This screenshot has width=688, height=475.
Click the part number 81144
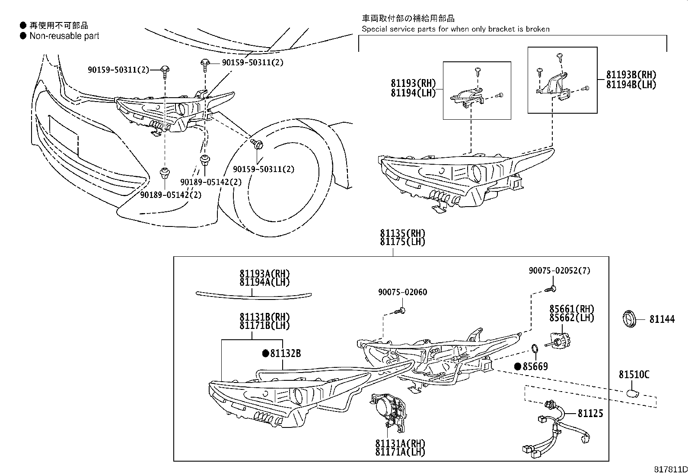[662, 320]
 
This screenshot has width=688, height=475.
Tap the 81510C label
[634, 375]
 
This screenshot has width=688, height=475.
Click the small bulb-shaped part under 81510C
[633, 392]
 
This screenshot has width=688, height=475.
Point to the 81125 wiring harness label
[590, 414]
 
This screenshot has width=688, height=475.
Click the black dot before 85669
[517, 367]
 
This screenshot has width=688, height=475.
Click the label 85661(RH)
[571, 309]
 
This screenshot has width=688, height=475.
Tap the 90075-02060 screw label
[402, 293]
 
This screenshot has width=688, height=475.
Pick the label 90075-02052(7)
[559, 271]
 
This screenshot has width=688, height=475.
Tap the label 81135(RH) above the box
[402, 234]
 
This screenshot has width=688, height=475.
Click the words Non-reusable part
[64, 36]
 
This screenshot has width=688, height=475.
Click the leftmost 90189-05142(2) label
[171, 195]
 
